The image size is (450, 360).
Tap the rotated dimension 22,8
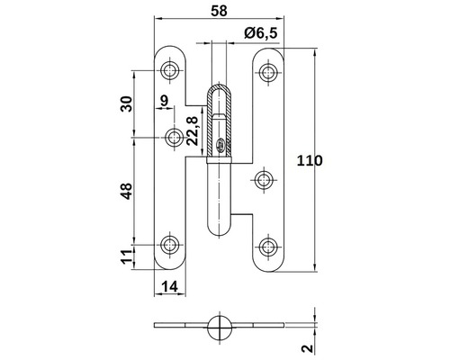(x=193, y=127)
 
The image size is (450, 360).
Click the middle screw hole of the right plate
(x=264, y=180)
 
